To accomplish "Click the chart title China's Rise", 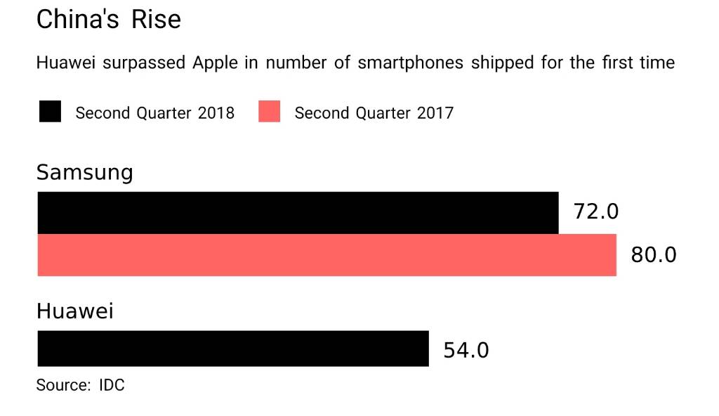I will tap(108, 20).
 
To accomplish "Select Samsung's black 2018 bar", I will tap(298, 213).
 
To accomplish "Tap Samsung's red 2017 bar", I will tap(326, 255).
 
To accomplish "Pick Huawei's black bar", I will tap(232, 349).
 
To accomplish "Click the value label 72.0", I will tap(596, 211).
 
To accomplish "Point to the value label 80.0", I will tap(654, 254).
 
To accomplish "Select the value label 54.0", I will tap(466, 350).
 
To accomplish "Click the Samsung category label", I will tap(84, 173).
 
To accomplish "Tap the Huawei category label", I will tap(74, 311).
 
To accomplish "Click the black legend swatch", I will tap(50, 112).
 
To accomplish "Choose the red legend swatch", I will tap(269, 112).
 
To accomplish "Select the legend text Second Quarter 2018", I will tap(154, 112).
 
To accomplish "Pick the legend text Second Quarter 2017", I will tap(374, 112).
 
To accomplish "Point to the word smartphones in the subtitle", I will tap(410, 63).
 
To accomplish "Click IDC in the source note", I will tap(112, 385).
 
